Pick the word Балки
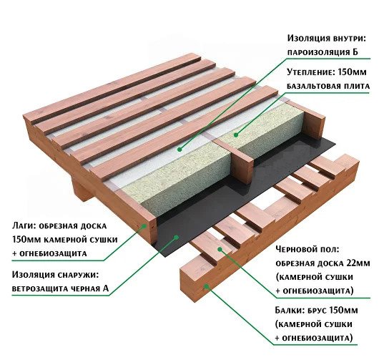pos(289,311)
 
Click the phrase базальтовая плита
pos(328,87)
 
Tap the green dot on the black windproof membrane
pos(176,237)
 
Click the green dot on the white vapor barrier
pos(179,149)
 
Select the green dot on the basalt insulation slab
pos(236,135)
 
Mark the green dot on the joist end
pos(144,226)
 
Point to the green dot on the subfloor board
pos(220,249)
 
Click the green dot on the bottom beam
pos(207,286)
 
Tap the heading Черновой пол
pos(307,250)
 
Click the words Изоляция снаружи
pos(55,275)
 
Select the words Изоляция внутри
pos(326,39)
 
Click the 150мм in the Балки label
pos(344,311)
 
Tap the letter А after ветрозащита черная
pos(105,288)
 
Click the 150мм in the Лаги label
pos(26,240)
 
